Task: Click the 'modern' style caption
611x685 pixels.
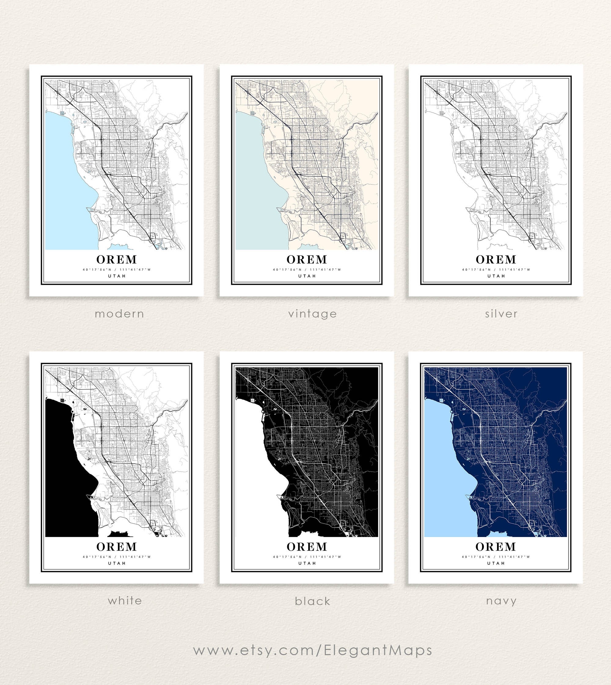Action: point(119,314)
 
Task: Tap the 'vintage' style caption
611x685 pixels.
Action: point(312,314)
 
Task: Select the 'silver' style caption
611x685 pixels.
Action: point(501,314)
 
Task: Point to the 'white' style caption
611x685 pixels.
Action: point(125,600)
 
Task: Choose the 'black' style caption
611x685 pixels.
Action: point(313,601)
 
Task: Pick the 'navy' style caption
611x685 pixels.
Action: point(501,601)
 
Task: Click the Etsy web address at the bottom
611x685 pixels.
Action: point(313,650)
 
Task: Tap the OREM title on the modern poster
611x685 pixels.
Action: point(116,259)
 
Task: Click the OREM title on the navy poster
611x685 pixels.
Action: point(496,546)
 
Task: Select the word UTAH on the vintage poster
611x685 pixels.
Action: point(307,276)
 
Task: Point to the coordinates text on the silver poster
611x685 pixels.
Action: point(496,269)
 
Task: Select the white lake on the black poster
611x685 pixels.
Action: point(255,469)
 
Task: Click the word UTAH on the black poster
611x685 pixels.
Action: point(307,563)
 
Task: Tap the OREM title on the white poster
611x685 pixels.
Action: point(116,546)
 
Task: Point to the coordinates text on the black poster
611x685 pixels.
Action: point(307,557)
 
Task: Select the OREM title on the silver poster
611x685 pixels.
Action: point(496,259)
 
